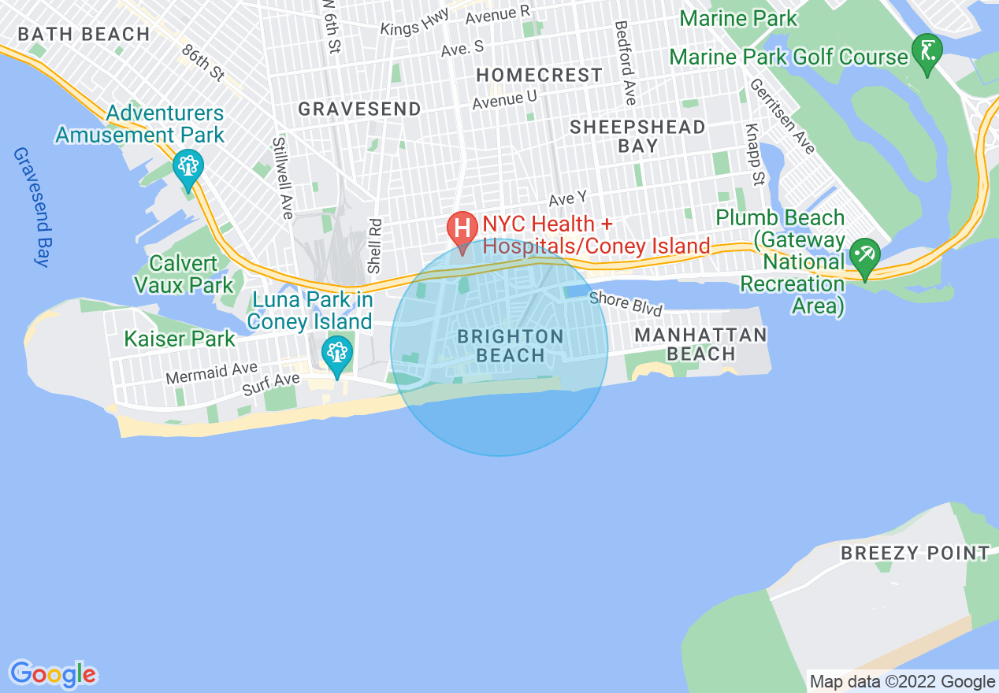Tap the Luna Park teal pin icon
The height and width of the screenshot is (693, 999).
pyautogui.click(x=337, y=354)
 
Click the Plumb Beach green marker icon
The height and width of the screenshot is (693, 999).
pyautogui.click(x=865, y=255)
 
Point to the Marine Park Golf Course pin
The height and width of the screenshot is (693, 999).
pyautogui.click(x=927, y=52)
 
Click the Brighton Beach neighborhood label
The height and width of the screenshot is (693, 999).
pyautogui.click(x=511, y=346)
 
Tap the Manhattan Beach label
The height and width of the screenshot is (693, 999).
pyautogui.click(x=700, y=344)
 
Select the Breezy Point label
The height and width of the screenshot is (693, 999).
pyautogui.click(x=915, y=553)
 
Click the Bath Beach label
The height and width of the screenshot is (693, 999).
pyautogui.click(x=84, y=35)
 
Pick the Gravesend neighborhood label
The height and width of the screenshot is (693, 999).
pyautogui.click(x=359, y=109)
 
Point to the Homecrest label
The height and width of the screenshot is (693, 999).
pyautogui.click(x=540, y=75)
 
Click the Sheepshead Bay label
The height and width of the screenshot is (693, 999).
pyautogui.click(x=637, y=136)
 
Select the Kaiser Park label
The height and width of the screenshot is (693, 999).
pyautogui.click(x=180, y=339)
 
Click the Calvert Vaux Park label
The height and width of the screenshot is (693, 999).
pyautogui.click(x=184, y=273)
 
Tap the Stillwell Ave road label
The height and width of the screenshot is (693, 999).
pyautogui.click(x=282, y=178)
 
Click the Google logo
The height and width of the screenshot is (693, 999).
pyautogui.click(x=53, y=674)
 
